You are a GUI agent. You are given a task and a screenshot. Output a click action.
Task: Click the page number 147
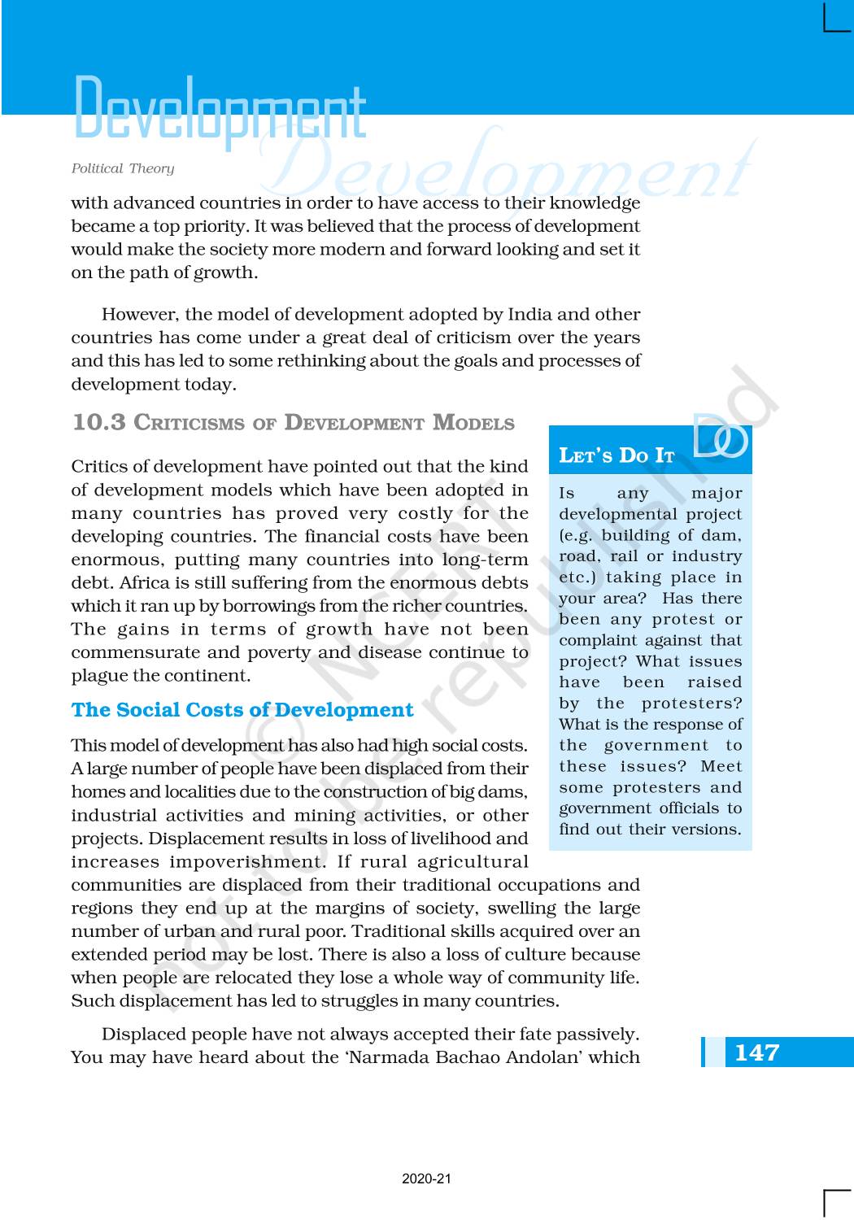click(756, 1052)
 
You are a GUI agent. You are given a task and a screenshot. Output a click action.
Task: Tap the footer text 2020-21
click(426, 1179)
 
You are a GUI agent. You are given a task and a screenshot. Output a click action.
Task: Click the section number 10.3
click(99, 422)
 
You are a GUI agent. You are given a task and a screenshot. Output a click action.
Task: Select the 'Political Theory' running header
click(123, 168)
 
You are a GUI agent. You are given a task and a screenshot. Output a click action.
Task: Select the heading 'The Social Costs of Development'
click(242, 710)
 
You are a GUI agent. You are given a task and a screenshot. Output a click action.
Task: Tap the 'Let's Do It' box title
click(617, 455)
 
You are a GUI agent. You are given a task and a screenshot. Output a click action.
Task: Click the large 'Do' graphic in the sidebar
click(720, 437)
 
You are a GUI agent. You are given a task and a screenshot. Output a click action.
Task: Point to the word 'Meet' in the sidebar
click(721, 766)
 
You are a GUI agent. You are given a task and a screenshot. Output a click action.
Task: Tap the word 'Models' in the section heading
click(473, 423)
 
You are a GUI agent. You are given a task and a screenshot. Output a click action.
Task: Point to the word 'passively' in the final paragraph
click(598, 1035)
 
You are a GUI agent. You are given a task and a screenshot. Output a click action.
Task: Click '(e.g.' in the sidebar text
click(577, 535)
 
